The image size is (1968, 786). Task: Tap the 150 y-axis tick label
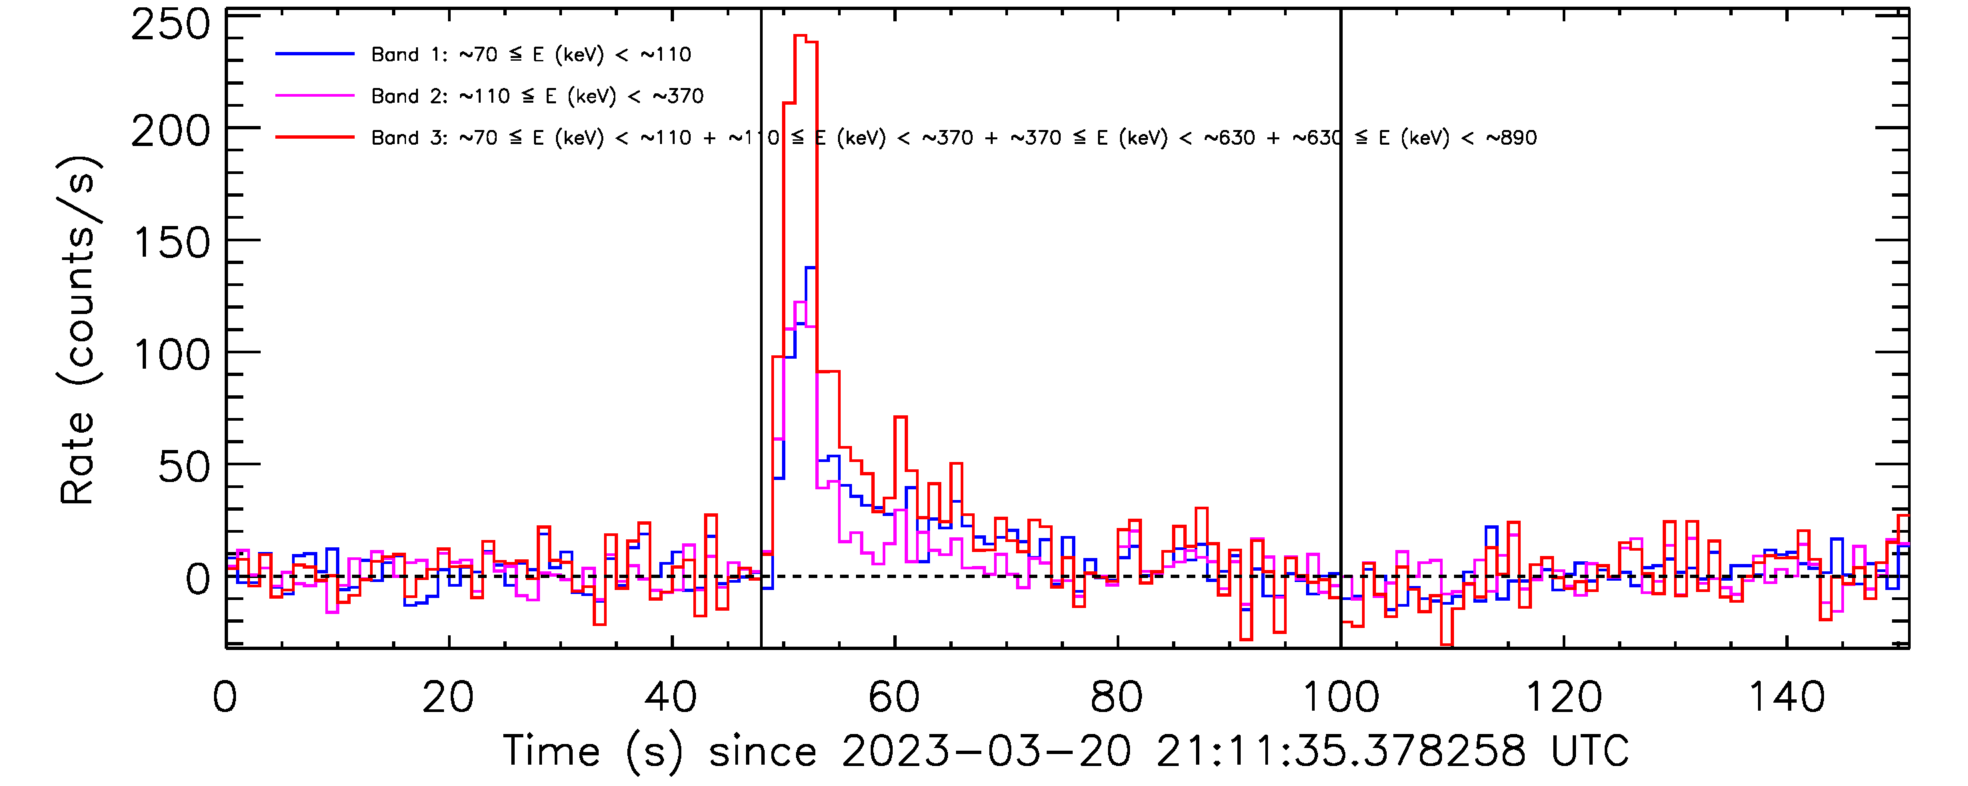[x=171, y=245]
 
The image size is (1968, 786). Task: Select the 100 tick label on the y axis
[x=171, y=356]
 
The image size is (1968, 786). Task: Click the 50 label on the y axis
[x=183, y=467]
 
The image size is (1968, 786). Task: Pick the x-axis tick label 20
[x=448, y=697]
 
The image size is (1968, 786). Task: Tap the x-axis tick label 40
[x=671, y=697]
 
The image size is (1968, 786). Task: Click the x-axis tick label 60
[x=894, y=697]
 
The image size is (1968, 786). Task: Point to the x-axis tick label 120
[x=1563, y=697]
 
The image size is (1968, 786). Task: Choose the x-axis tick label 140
[x=1786, y=697]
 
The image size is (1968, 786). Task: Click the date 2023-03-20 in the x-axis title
[x=986, y=751]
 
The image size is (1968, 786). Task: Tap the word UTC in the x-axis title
[x=1590, y=751]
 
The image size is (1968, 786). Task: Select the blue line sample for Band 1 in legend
[x=315, y=54]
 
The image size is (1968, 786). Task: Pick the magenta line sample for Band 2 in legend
[x=315, y=96]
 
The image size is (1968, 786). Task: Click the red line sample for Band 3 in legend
[x=315, y=137]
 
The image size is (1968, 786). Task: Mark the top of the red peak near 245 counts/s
[x=801, y=36]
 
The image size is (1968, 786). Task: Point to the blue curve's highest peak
[x=811, y=267]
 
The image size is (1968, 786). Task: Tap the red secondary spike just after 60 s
[x=900, y=417]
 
